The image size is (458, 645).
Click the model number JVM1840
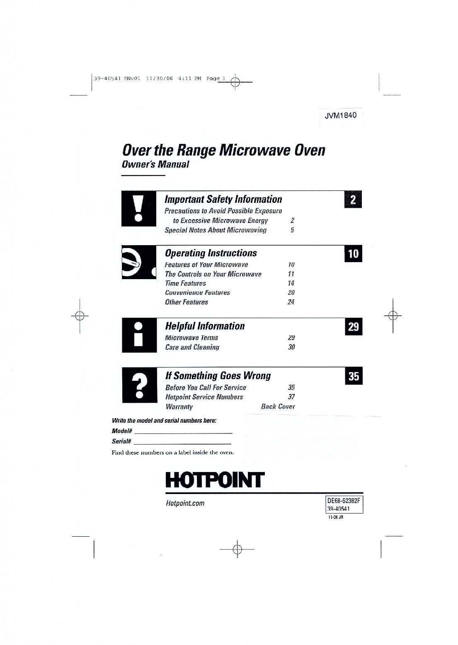click(x=341, y=115)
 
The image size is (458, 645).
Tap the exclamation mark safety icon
click(x=138, y=209)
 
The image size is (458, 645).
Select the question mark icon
click(x=139, y=385)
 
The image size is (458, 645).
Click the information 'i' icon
click(x=139, y=335)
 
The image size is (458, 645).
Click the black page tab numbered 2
click(x=353, y=200)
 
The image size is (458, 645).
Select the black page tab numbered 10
click(x=353, y=253)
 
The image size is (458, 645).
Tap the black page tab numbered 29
click(x=354, y=327)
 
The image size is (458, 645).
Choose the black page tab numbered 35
click(x=354, y=376)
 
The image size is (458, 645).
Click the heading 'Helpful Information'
click(x=205, y=326)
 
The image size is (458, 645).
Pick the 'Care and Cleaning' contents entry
click(x=192, y=347)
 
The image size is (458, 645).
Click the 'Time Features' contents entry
click(x=185, y=283)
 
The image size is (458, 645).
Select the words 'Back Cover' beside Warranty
click(x=278, y=406)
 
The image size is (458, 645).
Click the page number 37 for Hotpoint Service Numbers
click(x=291, y=397)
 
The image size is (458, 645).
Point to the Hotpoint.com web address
click(x=185, y=504)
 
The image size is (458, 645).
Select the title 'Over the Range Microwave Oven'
click(x=223, y=150)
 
